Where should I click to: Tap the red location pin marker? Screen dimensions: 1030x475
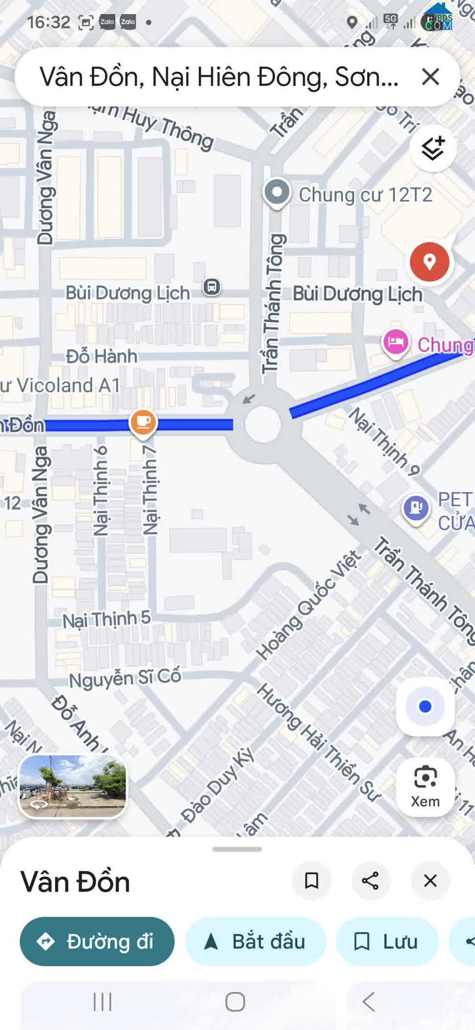pyautogui.click(x=429, y=262)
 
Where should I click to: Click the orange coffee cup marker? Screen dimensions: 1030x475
pyautogui.click(x=143, y=422)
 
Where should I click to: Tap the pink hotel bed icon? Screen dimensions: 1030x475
pyautogui.click(x=395, y=342)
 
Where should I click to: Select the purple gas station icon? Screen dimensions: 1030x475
pyautogui.click(x=416, y=508)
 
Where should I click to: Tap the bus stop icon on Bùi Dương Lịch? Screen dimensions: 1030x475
pyautogui.click(x=212, y=287)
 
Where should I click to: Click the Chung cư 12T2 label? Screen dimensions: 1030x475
pyautogui.click(x=365, y=195)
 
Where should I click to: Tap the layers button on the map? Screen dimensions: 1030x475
pyautogui.click(x=432, y=148)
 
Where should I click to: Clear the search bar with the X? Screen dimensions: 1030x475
pyautogui.click(x=430, y=77)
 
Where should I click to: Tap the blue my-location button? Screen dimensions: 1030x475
pyautogui.click(x=425, y=706)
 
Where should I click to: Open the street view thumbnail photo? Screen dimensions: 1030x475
pyautogui.click(x=72, y=786)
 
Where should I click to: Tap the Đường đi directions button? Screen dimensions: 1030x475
pyautogui.click(x=97, y=941)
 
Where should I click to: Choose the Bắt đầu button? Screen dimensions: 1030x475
pyautogui.click(x=255, y=941)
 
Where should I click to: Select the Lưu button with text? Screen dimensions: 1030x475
pyautogui.click(x=387, y=941)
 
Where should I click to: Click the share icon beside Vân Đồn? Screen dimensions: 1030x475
pyautogui.click(x=370, y=880)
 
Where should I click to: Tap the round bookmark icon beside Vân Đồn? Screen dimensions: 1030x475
pyautogui.click(x=311, y=880)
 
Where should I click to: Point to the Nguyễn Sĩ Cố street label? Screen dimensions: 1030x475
pyautogui.click(x=125, y=678)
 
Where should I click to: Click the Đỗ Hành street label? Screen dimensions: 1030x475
pyautogui.click(x=102, y=356)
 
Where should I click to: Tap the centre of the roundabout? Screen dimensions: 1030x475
pyautogui.click(x=263, y=424)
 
